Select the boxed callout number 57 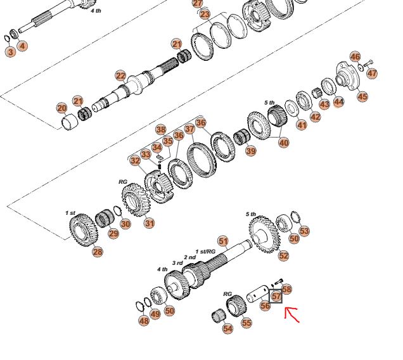(276, 296)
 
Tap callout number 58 (286, 289)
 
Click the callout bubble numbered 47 (372, 74)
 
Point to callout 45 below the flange (362, 97)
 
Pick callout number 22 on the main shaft (120, 76)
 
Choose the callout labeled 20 (61, 108)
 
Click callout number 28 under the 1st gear (98, 252)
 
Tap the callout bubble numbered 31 (150, 223)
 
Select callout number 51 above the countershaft (223, 241)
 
